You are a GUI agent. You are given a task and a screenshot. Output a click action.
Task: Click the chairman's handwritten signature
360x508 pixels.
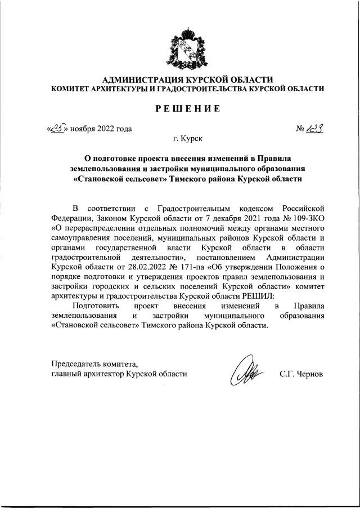[x=247, y=372]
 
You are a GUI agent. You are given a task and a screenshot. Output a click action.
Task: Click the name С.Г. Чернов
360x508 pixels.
[x=301, y=374]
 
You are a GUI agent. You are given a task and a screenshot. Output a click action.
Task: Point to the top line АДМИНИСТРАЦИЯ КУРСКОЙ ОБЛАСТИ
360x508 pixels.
[x=187, y=79]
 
